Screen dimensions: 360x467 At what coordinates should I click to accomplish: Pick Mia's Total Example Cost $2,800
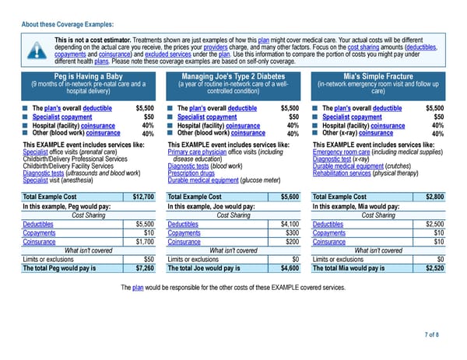(x=433, y=197)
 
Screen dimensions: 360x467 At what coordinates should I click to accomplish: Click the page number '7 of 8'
(x=431, y=334)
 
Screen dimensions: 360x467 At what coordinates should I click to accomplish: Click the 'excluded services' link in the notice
(x=184, y=55)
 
